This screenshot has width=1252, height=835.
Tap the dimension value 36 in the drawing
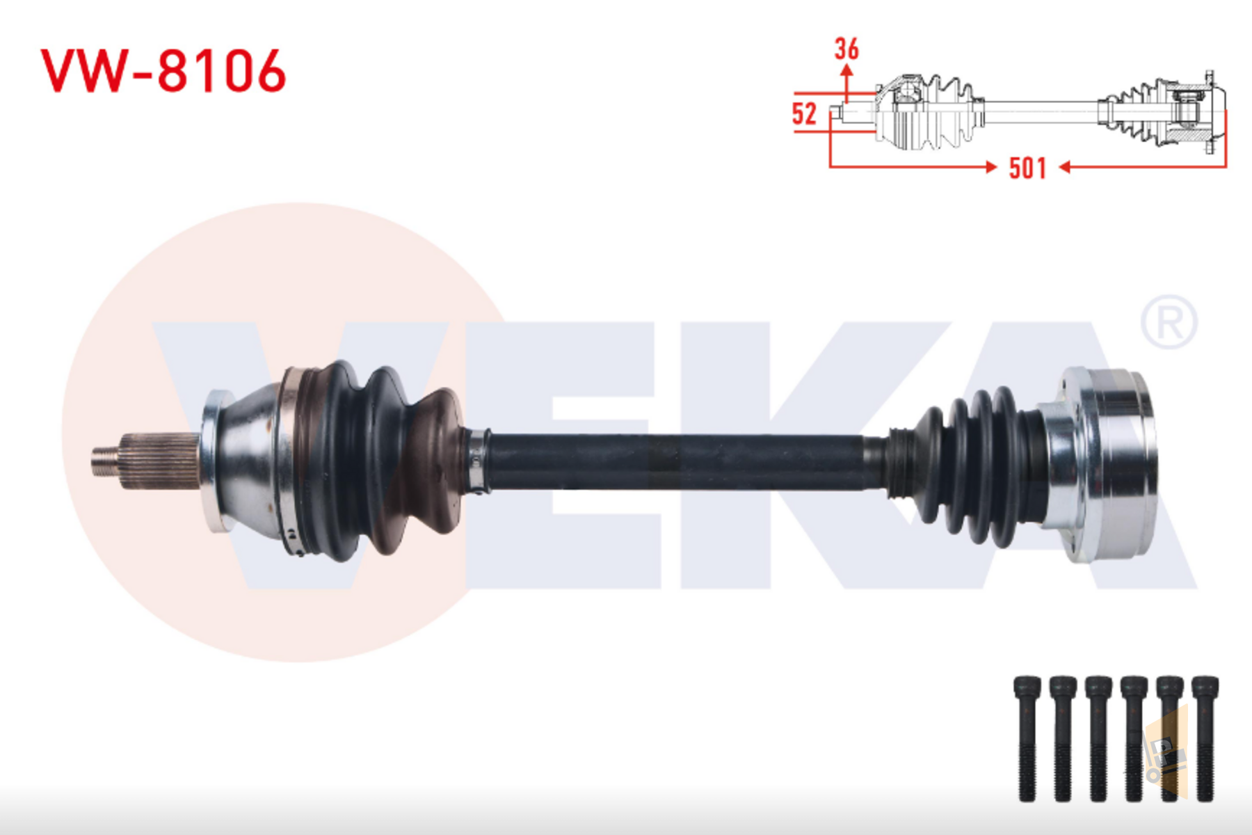(846, 49)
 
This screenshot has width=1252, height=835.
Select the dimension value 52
(804, 113)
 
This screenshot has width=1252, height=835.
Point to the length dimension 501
(1027, 168)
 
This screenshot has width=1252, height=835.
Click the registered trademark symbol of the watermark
(1169, 322)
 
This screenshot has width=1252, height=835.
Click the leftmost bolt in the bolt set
(1027, 738)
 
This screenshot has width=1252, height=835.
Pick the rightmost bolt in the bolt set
(1205, 738)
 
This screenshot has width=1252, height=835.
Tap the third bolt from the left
(1098, 738)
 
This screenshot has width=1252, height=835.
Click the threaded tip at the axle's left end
(105, 460)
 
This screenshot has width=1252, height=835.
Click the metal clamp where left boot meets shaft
(477, 461)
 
